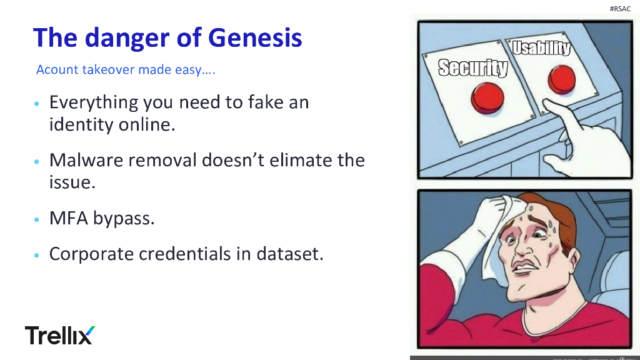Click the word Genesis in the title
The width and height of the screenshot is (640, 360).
click(255, 37)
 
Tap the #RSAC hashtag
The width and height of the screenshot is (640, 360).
click(619, 8)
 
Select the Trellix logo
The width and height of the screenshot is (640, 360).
click(60, 335)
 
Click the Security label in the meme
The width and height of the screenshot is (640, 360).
click(472, 67)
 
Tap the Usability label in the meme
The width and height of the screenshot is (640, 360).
click(541, 48)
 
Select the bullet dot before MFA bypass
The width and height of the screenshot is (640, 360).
click(37, 220)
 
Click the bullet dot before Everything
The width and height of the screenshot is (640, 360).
click(37, 103)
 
